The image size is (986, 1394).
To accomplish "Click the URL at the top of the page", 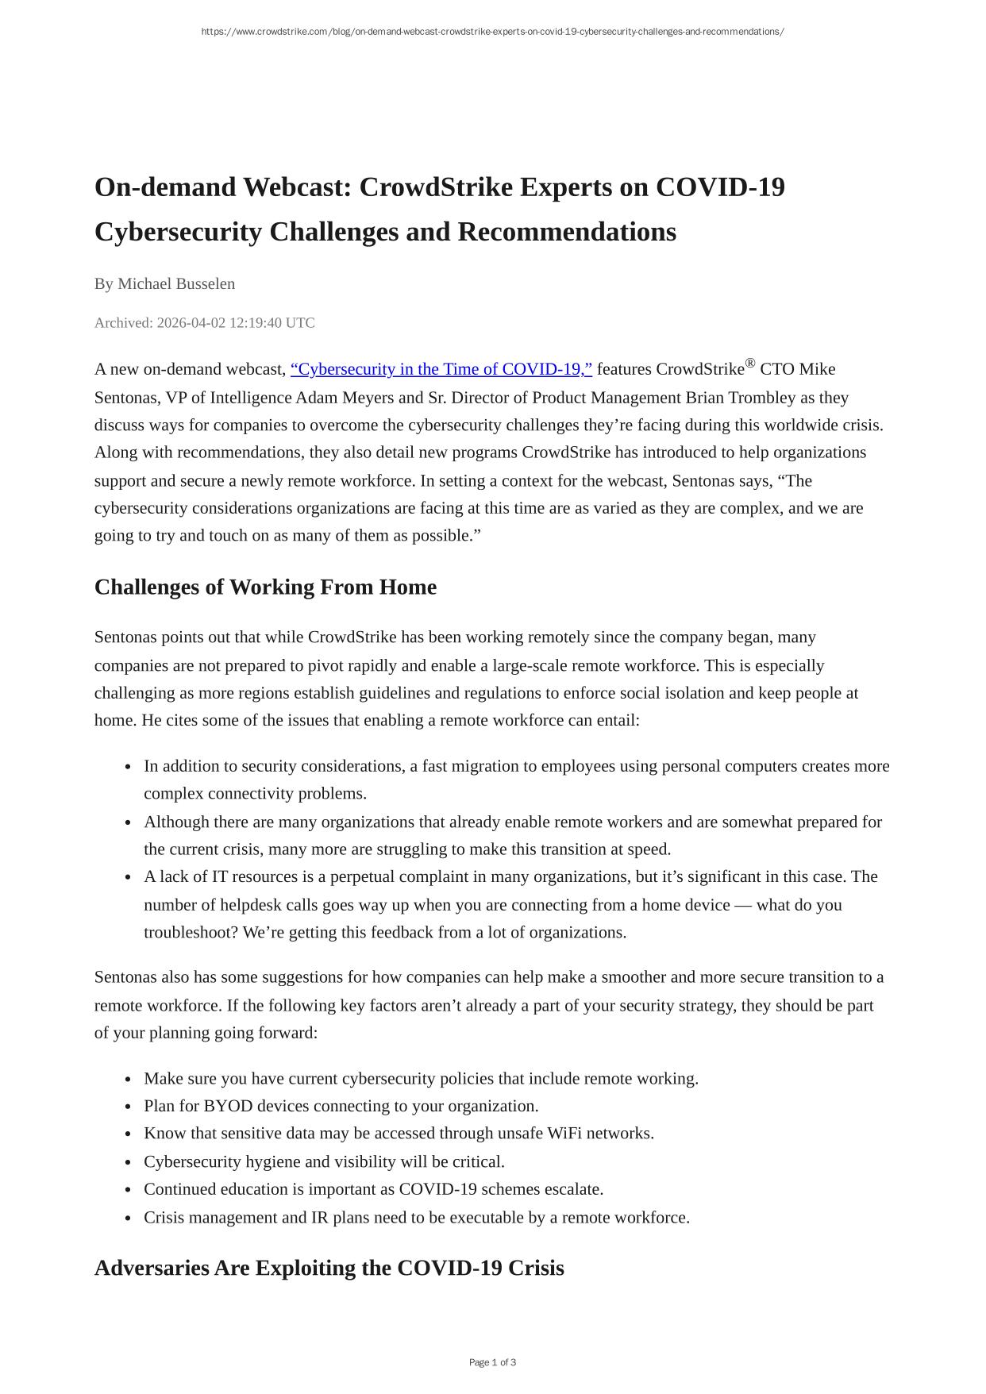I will coord(492,32).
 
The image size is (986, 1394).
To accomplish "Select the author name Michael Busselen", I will coord(176,283).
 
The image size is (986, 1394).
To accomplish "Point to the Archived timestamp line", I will coord(205,322).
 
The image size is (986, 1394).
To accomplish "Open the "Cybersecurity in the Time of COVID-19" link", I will coord(441,369).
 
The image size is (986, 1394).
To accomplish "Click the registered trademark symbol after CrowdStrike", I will coord(750,364).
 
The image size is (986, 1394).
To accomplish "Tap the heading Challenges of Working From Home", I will coord(265,587).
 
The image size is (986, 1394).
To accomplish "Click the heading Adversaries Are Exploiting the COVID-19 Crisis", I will coord(329,1268).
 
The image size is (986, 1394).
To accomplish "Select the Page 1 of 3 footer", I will coord(492,1362).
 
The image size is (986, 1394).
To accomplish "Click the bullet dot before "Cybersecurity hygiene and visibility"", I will coord(128,1163).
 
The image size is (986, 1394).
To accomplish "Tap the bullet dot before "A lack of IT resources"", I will coord(128,878).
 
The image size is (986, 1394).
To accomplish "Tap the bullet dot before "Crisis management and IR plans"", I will coord(128,1219).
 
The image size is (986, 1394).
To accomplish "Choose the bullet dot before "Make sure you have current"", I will coord(128,1080).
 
